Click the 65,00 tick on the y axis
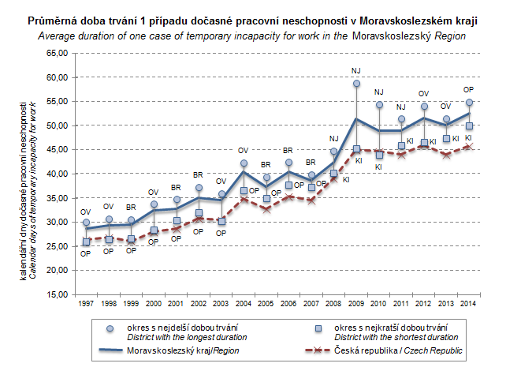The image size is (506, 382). pyautogui.click(x=59, y=54)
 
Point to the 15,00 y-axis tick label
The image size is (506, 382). pyautogui.click(x=59, y=294)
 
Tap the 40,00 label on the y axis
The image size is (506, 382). pyautogui.click(x=59, y=174)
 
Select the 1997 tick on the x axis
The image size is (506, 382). pyautogui.click(x=87, y=303)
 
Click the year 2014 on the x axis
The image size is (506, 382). pyautogui.click(x=468, y=303)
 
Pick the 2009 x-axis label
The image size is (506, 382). pyautogui.click(x=356, y=303)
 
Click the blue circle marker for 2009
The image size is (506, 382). pyautogui.click(x=356, y=84)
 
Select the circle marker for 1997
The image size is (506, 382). pyautogui.click(x=87, y=223)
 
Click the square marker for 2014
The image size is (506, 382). pyautogui.click(x=468, y=126)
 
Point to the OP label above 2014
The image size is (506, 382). pyautogui.click(x=468, y=90)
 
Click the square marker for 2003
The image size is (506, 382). pyautogui.click(x=221, y=221)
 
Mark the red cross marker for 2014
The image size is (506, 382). pyautogui.click(x=468, y=146)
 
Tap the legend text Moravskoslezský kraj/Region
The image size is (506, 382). pyautogui.click(x=184, y=350)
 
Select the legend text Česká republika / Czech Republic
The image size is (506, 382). pyautogui.click(x=398, y=350)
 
